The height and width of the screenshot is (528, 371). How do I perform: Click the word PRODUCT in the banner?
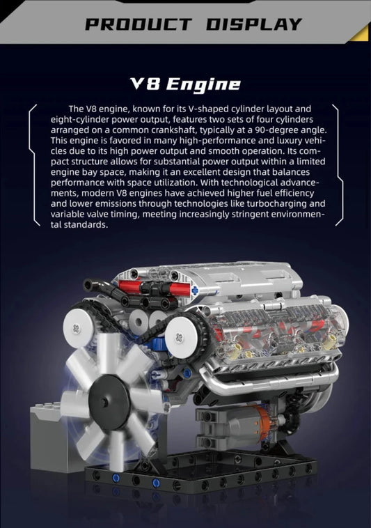[x=139, y=24]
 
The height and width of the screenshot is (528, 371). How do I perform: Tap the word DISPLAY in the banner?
[x=254, y=24]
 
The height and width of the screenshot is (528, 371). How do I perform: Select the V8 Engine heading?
[x=185, y=84]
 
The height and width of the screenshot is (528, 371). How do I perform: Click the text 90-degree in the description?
[x=277, y=130]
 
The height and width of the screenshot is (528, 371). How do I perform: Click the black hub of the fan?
[x=105, y=401]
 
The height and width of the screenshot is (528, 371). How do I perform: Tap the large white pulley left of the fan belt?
[x=78, y=327]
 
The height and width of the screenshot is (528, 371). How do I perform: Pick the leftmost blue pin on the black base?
[x=116, y=477]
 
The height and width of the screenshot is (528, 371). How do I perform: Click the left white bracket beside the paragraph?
[x=33, y=165]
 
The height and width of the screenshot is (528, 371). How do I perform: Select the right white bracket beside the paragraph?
[x=338, y=165]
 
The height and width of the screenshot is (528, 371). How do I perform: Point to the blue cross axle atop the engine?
[x=195, y=290]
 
